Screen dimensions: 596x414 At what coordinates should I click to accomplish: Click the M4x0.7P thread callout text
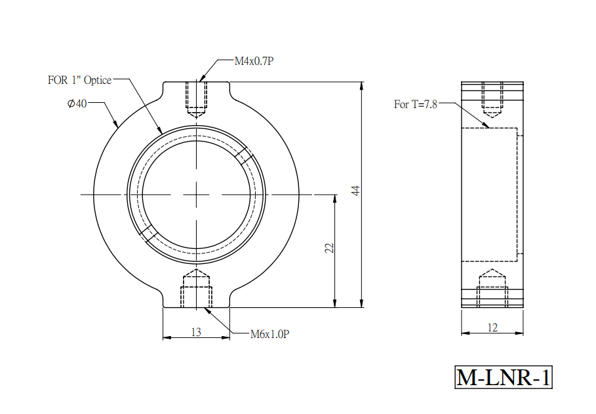(x=254, y=61)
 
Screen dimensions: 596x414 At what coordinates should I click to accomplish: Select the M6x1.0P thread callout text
(x=269, y=334)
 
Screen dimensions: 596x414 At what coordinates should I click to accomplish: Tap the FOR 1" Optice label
(x=79, y=80)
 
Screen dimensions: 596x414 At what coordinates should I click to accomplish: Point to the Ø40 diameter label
(x=77, y=104)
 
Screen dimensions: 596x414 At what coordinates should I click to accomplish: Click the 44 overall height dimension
(x=355, y=190)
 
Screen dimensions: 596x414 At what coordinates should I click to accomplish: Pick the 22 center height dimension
(x=329, y=248)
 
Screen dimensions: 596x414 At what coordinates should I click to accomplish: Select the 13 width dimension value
(x=196, y=332)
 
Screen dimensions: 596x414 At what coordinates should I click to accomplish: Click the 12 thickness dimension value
(x=492, y=328)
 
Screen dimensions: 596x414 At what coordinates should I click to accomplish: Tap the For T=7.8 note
(x=416, y=104)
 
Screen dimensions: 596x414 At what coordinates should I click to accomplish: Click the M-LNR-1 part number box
(x=504, y=377)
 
